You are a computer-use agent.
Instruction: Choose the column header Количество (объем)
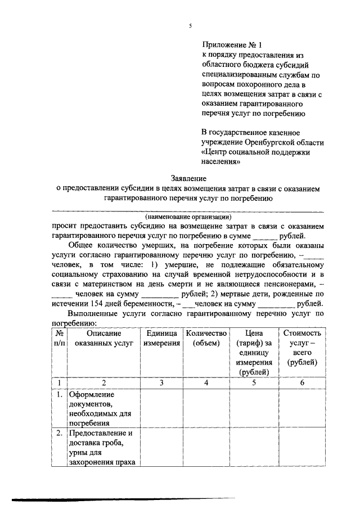pos(206,339)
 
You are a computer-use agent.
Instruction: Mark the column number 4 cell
pos(206,383)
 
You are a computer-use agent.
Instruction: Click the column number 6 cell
pos(302,383)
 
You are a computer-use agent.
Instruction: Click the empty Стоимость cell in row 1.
pos(302,409)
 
